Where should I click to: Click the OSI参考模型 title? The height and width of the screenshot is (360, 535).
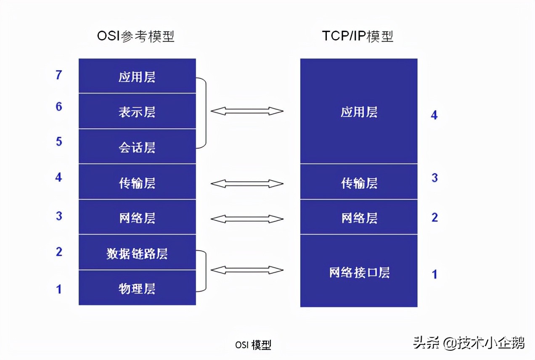[x=135, y=37]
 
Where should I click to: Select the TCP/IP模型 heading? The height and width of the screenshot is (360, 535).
[x=358, y=37]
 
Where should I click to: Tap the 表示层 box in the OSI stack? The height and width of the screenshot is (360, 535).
[x=137, y=111]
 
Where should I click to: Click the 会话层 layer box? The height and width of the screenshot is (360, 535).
[x=137, y=147]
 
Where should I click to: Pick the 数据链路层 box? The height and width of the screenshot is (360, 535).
[x=137, y=253]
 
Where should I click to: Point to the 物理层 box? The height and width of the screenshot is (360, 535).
[x=137, y=289]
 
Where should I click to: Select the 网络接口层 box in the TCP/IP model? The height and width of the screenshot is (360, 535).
[x=359, y=272]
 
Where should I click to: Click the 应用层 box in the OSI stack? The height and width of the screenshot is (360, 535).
[x=137, y=77]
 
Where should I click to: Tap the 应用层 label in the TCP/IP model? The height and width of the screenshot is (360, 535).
[x=359, y=112]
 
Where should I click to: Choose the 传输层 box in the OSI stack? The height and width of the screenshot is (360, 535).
[x=137, y=183]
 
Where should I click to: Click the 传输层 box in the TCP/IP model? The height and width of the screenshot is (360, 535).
[x=359, y=183]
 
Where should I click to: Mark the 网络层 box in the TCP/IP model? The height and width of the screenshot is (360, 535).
[x=359, y=217]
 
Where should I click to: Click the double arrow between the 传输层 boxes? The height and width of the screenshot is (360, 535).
[x=247, y=183]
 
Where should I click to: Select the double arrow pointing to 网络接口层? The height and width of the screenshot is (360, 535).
[x=247, y=270]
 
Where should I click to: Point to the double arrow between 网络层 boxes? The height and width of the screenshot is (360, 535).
[x=247, y=219]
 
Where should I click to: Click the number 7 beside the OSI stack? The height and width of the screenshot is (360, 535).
[x=59, y=75]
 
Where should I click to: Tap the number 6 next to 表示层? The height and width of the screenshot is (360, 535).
[x=59, y=106]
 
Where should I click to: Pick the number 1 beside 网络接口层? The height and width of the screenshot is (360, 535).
[x=434, y=274]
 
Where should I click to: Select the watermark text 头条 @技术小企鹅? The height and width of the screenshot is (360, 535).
[x=469, y=343]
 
